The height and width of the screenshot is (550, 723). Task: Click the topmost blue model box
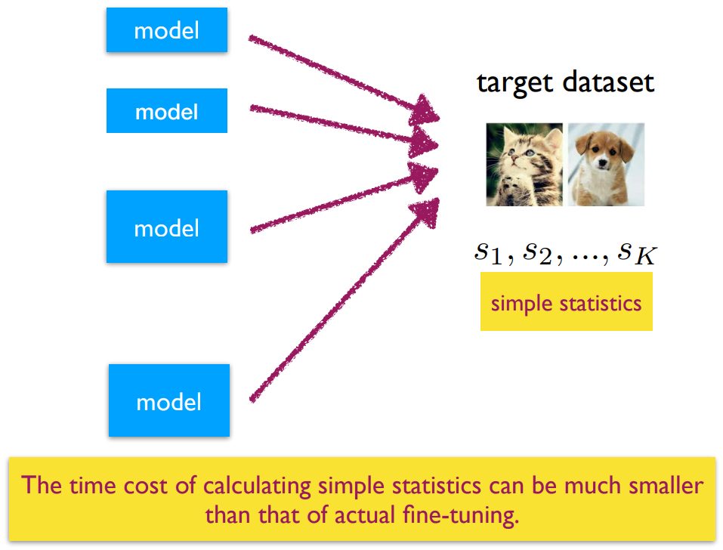[x=166, y=30]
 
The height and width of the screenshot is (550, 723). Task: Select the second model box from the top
[x=166, y=110]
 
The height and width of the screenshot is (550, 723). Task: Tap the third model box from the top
[x=166, y=227]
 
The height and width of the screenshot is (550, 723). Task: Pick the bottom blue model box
[x=168, y=400]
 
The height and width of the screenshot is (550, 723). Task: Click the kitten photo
[x=524, y=165]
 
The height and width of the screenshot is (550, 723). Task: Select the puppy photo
[x=606, y=165]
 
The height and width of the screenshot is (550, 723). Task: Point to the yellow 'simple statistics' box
[x=566, y=301]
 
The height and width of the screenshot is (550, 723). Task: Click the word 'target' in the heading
[x=514, y=83]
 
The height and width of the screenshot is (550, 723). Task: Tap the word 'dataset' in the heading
[x=608, y=82]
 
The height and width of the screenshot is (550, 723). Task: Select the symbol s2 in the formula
[x=538, y=255]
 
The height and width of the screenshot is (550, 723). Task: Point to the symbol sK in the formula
[x=637, y=255]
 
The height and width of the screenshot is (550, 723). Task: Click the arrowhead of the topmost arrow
[x=423, y=110]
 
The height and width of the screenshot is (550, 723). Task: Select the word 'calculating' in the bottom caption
[x=258, y=487]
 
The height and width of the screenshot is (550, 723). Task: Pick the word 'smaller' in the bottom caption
[x=666, y=486]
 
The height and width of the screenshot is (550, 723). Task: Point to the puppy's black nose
[x=601, y=162]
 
